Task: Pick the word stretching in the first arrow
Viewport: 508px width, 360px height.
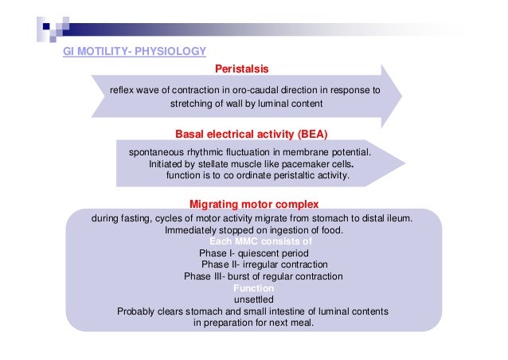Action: tap(193, 104)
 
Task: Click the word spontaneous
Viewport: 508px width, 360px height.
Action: tap(158, 151)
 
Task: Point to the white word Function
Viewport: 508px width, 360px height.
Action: tap(253, 288)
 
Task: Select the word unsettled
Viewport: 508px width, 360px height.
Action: tap(253, 299)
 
